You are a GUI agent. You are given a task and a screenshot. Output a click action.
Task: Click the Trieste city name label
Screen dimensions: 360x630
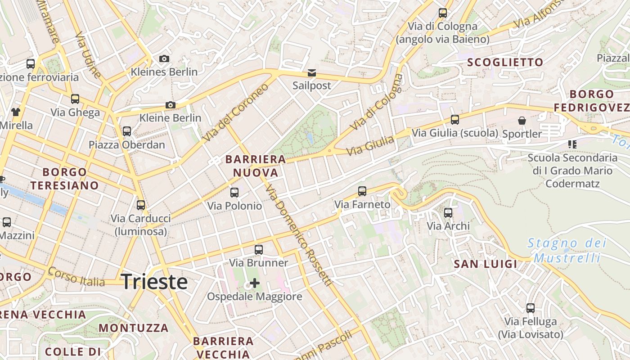154,282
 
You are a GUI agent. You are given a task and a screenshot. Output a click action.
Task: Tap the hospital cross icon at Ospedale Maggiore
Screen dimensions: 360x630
255,283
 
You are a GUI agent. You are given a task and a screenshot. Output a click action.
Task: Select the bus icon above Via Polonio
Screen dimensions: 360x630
234,193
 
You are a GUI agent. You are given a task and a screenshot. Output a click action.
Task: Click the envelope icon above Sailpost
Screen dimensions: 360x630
311,72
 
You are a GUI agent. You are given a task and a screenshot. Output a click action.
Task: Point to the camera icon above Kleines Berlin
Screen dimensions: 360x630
164,58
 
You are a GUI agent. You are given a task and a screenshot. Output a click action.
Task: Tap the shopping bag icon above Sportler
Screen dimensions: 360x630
522,121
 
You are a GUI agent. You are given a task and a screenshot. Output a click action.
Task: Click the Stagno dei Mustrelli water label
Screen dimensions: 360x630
567,250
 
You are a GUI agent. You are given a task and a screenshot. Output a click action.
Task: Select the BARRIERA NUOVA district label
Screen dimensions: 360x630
256,166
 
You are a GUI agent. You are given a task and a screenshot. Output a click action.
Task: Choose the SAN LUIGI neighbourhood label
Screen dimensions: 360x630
486,264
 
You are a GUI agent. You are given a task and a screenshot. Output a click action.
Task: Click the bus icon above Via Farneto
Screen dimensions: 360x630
362,191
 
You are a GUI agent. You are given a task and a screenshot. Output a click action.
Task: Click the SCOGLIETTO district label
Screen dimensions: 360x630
505,62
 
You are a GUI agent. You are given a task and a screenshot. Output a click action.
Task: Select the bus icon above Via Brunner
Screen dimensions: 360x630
259,250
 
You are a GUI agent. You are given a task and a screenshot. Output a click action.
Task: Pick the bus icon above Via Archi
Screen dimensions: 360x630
448,213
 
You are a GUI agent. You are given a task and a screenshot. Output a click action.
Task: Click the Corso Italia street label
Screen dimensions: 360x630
76,277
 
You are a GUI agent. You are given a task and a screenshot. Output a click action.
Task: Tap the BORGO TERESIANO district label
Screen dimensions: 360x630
64,179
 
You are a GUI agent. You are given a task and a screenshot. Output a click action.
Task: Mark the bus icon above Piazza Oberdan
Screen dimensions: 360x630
127,131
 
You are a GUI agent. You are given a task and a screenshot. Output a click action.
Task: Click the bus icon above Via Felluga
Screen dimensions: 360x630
531,308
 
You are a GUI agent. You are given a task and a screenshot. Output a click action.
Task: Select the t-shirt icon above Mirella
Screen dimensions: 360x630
16,112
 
